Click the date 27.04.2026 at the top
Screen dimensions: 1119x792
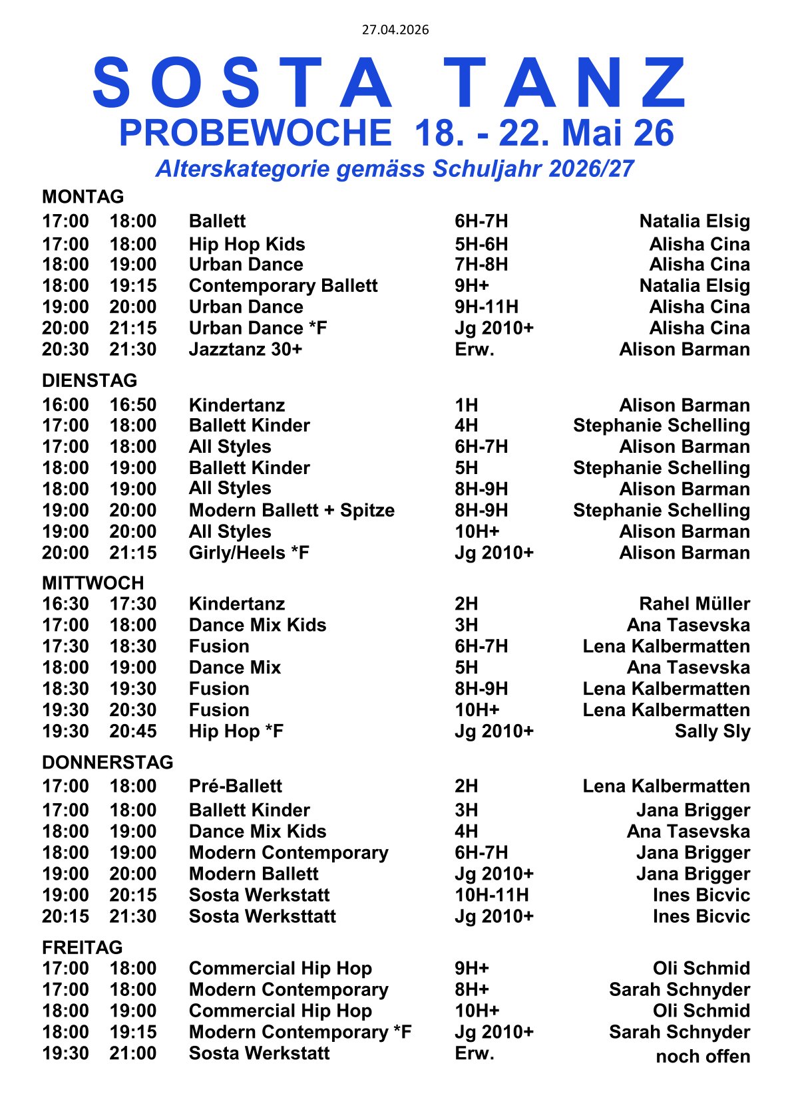395,30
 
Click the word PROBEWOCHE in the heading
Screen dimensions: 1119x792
255,133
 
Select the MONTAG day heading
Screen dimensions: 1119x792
83,197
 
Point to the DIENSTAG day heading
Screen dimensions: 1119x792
89,380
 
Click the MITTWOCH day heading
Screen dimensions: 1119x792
93,583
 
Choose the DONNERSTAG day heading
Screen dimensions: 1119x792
107,762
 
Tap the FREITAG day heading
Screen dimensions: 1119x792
82,947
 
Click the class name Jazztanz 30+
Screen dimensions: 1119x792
246,350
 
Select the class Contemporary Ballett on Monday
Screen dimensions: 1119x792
283,286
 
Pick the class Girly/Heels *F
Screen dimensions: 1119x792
249,553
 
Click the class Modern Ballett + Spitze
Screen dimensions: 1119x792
292,511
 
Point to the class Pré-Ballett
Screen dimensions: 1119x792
235,787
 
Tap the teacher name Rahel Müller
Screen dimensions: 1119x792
694,604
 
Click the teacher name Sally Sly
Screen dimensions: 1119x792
712,731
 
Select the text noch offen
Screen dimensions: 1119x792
703,1057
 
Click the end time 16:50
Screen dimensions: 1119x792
133,405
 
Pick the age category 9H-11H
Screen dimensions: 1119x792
487,307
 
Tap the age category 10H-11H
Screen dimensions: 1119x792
492,896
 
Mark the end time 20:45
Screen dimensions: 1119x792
133,731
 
